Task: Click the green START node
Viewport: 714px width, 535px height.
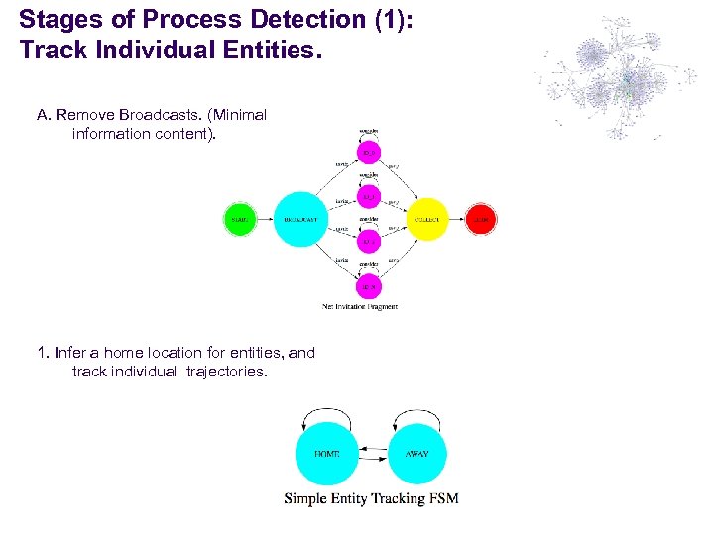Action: [239, 219]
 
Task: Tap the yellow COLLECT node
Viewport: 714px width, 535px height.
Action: [426, 219]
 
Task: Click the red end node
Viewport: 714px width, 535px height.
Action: [481, 219]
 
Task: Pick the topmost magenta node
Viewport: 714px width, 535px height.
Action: [369, 152]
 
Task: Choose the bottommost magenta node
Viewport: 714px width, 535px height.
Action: [369, 286]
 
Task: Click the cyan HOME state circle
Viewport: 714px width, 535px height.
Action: [326, 454]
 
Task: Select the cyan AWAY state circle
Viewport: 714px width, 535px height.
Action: [417, 454]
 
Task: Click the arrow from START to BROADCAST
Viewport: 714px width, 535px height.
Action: [263, 219]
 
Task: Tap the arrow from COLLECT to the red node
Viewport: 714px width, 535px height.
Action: [457, 219]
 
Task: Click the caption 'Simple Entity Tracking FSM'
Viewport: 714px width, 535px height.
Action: [371, 498]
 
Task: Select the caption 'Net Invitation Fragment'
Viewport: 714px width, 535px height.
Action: [360, 307]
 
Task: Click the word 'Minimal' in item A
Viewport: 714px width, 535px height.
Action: [237, 115]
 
